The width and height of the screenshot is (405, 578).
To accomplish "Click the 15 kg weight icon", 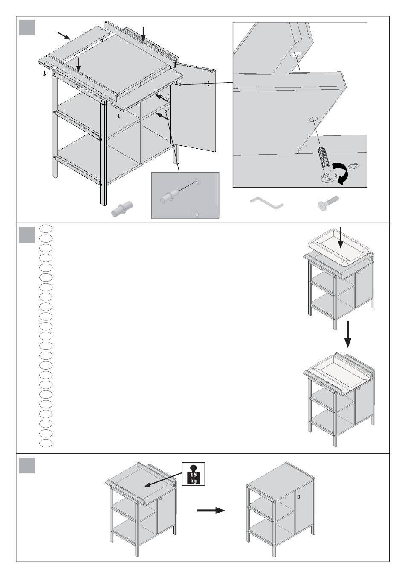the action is (193, 474).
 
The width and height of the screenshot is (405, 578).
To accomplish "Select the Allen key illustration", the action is (267, 203).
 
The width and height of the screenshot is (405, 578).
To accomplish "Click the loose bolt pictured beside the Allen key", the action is (328, 204).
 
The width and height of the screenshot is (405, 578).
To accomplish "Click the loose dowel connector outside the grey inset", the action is (122, 209).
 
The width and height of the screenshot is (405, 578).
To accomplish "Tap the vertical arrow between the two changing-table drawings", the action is (348, 334).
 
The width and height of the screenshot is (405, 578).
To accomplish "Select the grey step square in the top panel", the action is (27, 27).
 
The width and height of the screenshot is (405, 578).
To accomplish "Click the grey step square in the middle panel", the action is (27, 235).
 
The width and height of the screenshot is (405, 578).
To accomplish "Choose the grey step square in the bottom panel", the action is (27, 466).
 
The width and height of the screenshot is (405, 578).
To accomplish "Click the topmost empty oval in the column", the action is (46, 229).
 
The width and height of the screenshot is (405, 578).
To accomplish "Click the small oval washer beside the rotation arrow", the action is (353, 166).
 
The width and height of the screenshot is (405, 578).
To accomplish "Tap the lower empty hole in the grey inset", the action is (196, 214).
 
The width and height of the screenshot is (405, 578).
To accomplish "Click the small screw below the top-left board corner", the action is (44, 73).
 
